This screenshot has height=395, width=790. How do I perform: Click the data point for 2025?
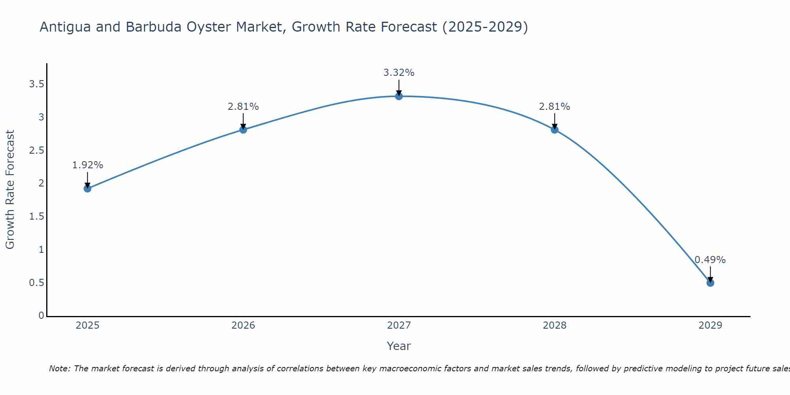[87, 188]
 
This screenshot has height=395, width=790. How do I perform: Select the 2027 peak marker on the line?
[399, 96]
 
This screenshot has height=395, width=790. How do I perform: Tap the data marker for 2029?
[710, 283]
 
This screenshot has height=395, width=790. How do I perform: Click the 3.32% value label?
[399, 73]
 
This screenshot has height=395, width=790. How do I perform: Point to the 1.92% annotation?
[87, 165]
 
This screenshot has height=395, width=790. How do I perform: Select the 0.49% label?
[710, 260]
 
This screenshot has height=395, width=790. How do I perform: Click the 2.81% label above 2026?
[243, 107]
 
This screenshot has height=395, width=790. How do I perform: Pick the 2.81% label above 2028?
[554, 107]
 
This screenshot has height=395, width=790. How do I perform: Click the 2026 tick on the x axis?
[243, 325]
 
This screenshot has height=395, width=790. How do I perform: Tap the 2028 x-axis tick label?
[554, 325]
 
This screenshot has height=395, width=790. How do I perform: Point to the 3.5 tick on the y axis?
[36, 84]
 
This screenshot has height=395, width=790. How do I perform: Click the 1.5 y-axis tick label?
[36, 216]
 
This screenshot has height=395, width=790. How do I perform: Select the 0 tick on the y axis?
[41, 316]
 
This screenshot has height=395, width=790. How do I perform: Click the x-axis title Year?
[399, 346]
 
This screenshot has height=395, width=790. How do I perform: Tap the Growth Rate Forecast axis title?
[10, 190]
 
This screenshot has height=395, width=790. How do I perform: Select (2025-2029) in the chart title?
[485, 27]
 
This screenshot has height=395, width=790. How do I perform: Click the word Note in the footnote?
[59, 369]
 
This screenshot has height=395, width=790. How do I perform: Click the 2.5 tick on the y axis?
[36, 150]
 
